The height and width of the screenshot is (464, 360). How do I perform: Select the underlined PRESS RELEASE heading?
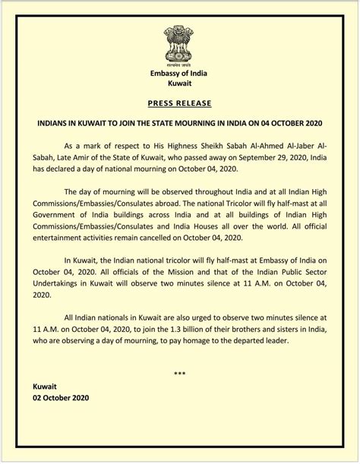(179, 102)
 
